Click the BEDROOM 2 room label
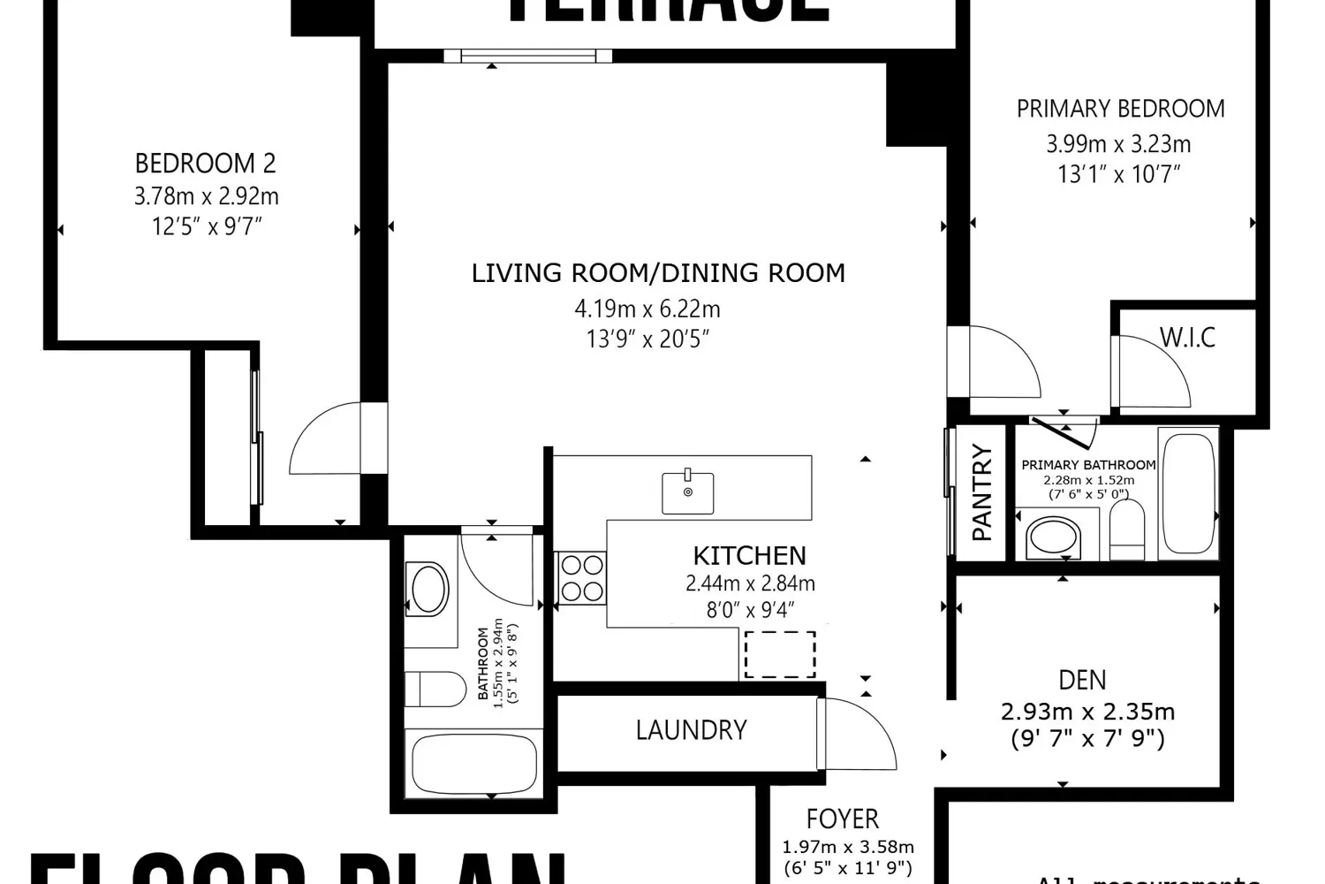tap(205, 164)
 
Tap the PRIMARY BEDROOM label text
tap(1120, 109)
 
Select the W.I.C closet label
tap(1187, 338)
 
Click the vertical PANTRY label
tap(981, 492)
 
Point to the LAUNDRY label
tap(691, 730)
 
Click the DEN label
tap(1082, 680)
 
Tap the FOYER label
tap(842, 819)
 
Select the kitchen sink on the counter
tap(688, 492)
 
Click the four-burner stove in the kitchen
tap(580, 578)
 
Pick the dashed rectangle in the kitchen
tap(780, 654)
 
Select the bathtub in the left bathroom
tap(474, 765)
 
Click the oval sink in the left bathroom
tap(429, 590)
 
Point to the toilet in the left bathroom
tap(435, 689)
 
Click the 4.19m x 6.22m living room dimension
tap(647, 309)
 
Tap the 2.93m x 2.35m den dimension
tap(1087, 712)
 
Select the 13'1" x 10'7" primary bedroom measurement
tap(1118, 174)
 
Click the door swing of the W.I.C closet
tap(1153, 371)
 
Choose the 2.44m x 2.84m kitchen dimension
tap(750, 583)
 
